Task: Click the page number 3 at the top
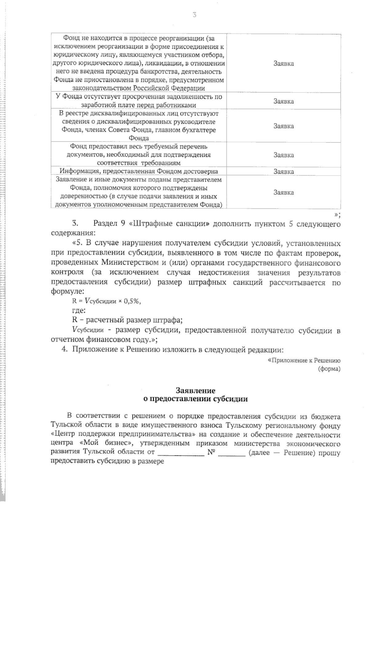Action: (x=194, y=15)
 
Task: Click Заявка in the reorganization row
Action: (x=284, y=64)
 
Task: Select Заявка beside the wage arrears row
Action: (x=284, y=101)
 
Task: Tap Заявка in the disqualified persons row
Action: (x=284, y=126)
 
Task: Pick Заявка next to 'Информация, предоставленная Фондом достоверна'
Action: (x=284, y=172)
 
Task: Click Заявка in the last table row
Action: (x=284, y=193)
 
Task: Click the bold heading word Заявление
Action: (x=196, y=391)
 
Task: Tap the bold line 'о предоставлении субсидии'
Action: (x=196, y=399)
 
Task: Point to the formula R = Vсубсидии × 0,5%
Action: (x=106, y=302)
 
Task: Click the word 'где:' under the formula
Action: (x=79, y=311)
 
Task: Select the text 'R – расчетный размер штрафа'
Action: (x=127, y=320)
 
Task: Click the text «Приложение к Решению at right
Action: (x=304, y=360)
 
